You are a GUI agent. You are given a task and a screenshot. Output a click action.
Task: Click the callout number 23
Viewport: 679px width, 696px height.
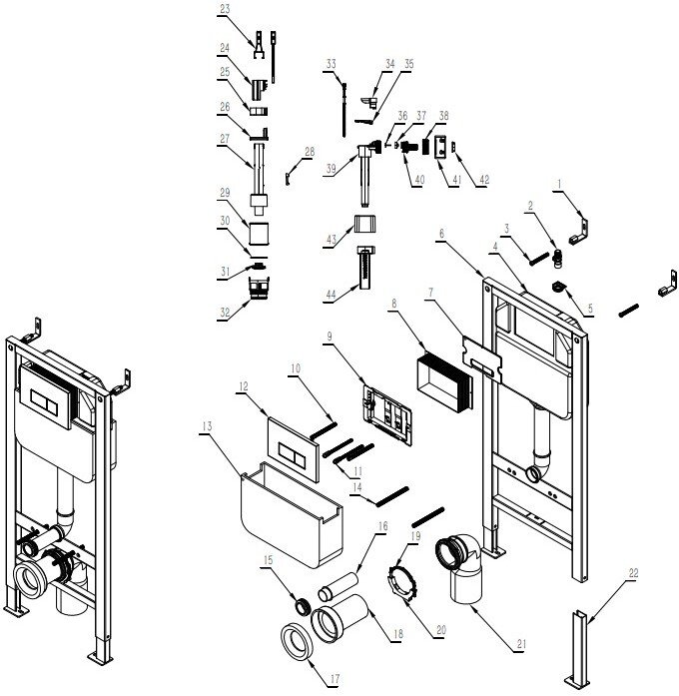click(225, 8)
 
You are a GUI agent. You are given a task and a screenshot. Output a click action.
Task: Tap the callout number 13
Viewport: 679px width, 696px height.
click(206, 425)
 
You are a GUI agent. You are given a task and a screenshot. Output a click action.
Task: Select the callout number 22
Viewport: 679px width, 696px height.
click(633, 572)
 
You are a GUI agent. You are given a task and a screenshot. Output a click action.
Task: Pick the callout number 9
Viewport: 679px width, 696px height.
click(331, 336)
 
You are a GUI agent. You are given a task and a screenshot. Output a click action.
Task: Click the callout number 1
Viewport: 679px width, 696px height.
click(561, 185)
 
